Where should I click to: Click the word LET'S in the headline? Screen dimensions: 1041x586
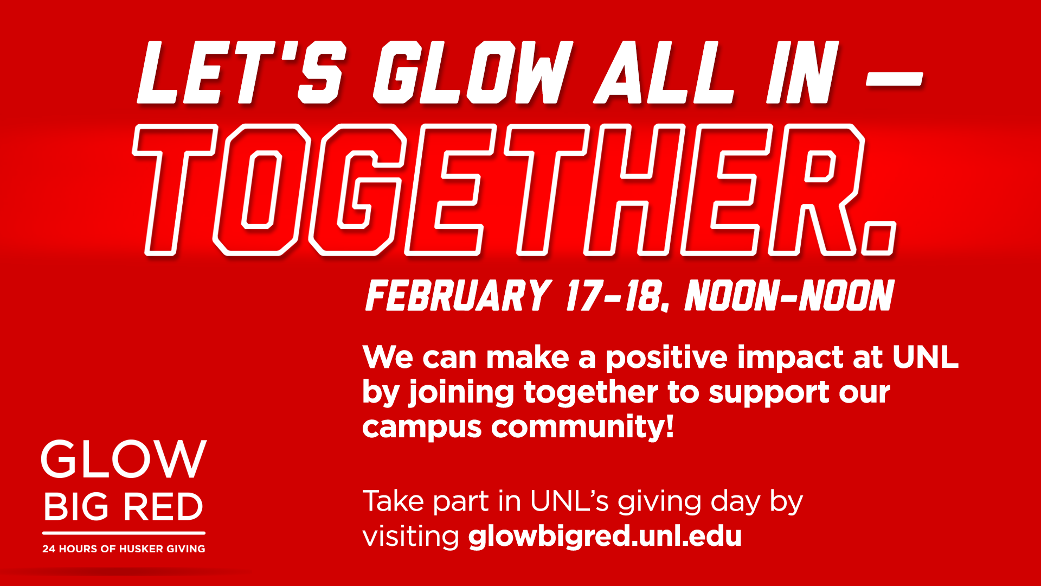click(242, 73)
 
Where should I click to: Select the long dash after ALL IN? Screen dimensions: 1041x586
click(894, 79)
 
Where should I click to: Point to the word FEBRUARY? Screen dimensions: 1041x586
click(459, 296)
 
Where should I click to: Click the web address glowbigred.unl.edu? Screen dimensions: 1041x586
click(605, 536)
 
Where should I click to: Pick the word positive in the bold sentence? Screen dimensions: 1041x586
click(666, 359)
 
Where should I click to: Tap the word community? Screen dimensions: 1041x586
click(583, 428)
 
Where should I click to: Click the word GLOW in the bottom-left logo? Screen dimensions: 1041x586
click(124, 459)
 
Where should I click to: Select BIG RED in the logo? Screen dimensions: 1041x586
click(124, 507)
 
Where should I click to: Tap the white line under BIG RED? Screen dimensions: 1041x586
click(124, 533)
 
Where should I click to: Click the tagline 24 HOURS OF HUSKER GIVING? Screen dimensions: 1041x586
click(124, 549)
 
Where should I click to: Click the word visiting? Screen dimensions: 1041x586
click(410, 536)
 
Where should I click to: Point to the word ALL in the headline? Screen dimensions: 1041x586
click(665, 73)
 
